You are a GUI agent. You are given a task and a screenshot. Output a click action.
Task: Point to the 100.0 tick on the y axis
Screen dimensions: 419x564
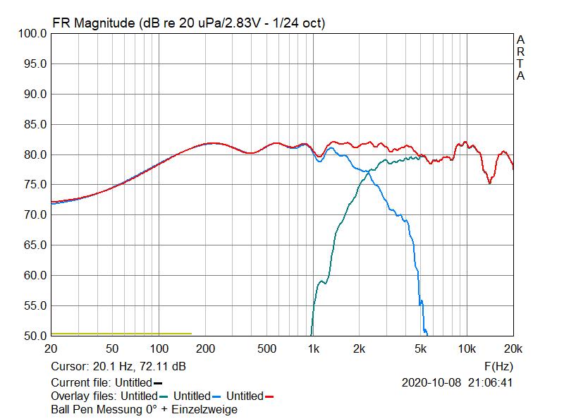coord(32,33)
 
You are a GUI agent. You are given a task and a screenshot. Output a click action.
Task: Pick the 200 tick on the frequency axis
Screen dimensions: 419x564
coord(205,348)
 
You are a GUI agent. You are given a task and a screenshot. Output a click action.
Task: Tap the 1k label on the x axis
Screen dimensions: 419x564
coord(313,348)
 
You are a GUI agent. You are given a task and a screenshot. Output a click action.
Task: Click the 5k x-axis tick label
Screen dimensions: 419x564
coord(421,348)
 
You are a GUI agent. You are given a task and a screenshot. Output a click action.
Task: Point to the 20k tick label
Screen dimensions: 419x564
coord(513,348)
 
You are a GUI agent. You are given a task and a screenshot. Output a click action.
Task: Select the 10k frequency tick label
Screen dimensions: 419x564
coord(466,348)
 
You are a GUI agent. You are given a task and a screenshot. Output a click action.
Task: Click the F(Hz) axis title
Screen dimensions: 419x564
coord(498,367)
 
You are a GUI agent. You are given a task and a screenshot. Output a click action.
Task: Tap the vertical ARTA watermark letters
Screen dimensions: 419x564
coord(520,58)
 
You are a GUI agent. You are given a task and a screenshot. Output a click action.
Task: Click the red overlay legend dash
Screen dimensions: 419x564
coord(269,397)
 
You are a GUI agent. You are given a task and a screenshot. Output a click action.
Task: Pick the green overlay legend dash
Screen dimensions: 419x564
coord(164,397)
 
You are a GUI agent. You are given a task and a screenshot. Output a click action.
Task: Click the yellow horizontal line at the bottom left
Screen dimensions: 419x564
coord(121,333)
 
